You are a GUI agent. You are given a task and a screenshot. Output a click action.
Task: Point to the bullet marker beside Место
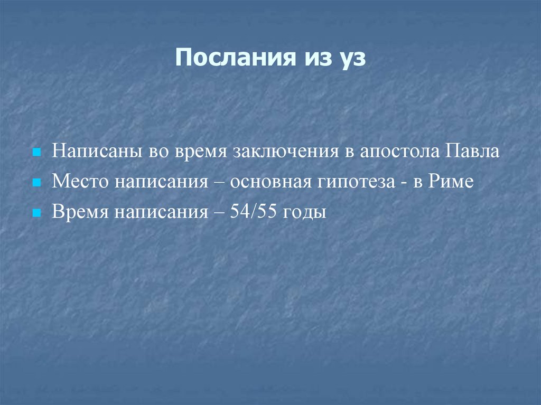pyautogui.click(x=36, y=183)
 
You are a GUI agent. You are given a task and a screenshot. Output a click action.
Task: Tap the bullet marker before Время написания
pyautogui.click(x=36, y=213)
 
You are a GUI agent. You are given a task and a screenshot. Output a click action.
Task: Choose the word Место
pyautogui.click(x=78, y=182)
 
